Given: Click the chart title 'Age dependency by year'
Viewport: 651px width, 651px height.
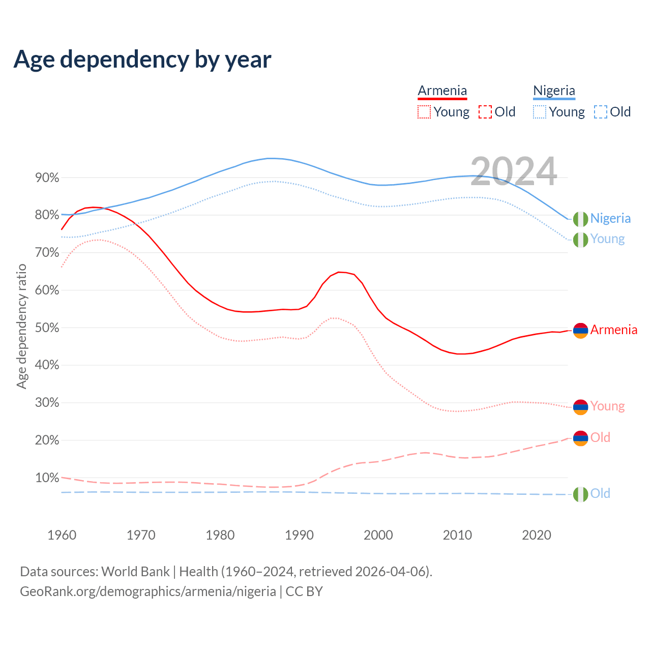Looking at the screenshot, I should (x=142, y=60).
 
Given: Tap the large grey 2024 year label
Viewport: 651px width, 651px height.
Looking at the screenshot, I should (x=514, y=171).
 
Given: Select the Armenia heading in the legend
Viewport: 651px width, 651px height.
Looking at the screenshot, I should (x=442, y=91).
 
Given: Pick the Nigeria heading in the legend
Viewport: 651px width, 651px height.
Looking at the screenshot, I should (x=554, y=91).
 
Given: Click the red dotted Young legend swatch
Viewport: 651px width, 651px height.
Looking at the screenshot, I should (x=424, y=112).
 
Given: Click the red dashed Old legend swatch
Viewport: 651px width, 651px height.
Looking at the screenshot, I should (x=485, y=112).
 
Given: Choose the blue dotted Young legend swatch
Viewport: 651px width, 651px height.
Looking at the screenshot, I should (x=540, y=112).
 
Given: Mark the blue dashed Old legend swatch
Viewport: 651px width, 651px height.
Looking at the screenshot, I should (x=601, y=112).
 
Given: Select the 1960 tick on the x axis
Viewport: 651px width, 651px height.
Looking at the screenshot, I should (x=62, y=535).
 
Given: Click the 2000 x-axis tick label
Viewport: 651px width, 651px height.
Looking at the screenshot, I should (x=378, y=535).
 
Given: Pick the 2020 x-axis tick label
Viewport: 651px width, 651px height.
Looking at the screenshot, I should (x=537, y=535).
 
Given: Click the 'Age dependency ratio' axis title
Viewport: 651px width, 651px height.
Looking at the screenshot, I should (x=21, y=326).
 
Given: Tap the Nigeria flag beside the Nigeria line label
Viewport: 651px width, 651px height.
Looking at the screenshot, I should (x=580, y=219).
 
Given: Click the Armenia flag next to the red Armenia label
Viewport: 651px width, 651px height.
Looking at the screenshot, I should (x=580, y=331).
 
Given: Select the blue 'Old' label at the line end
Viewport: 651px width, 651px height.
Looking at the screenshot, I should (x=600, y=493).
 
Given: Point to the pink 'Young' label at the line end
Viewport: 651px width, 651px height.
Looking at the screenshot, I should (x=607, y=406).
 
